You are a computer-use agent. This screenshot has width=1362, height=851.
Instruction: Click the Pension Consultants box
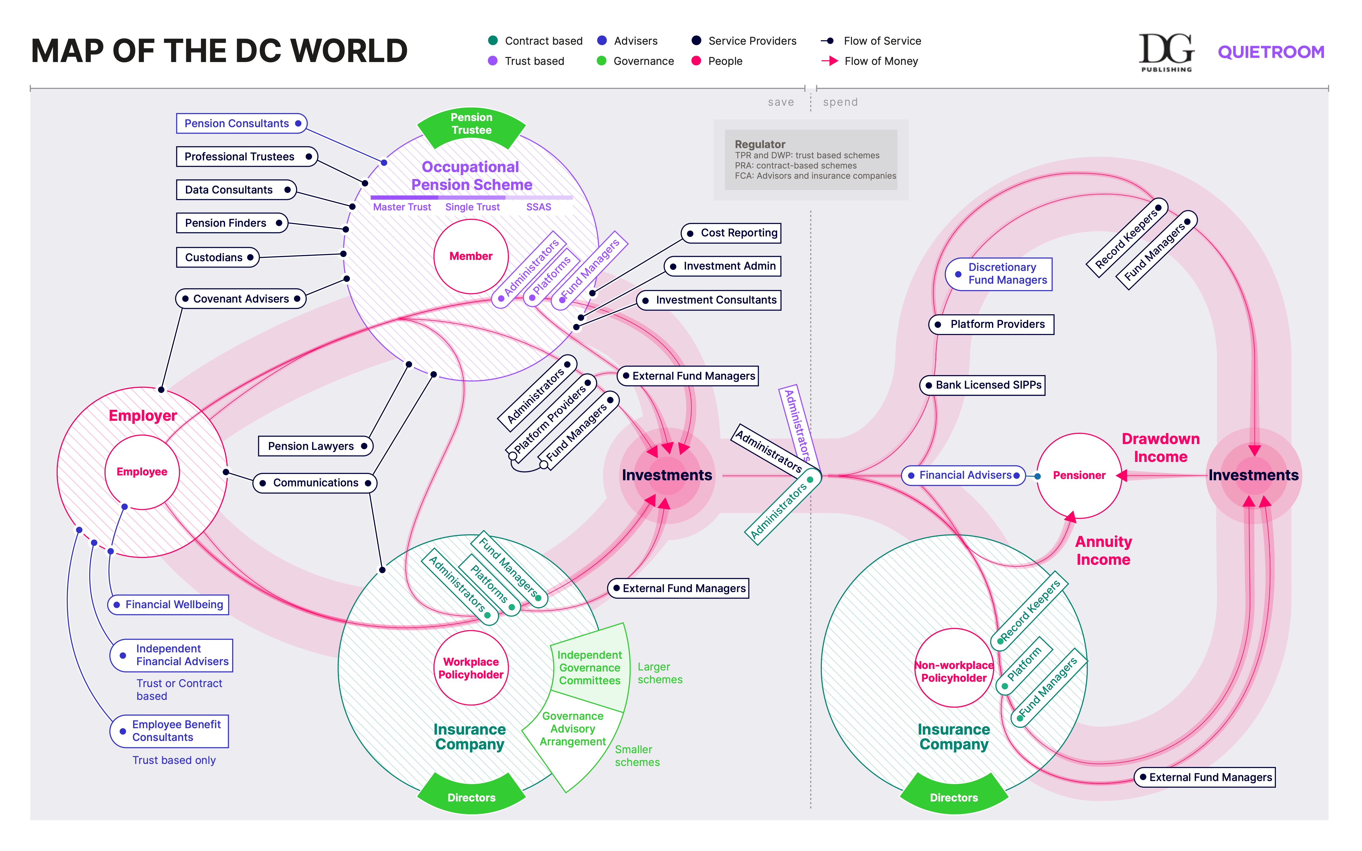tap(241, 123)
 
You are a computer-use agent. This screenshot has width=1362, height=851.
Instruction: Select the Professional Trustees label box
tap(246, 157)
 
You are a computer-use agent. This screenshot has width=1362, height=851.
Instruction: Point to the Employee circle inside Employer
tap(142, 472)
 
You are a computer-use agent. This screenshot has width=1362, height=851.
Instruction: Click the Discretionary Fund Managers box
tap(999, 274)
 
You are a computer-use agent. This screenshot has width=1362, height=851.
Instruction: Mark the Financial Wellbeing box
tap(168, 604)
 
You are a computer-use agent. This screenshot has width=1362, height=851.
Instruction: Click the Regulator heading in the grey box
tap(760, 144)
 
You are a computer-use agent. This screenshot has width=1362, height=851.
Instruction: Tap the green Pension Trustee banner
tap(471, 124)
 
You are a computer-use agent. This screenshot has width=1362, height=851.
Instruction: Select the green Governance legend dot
tap(601, 61)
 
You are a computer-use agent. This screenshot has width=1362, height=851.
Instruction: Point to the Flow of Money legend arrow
tap(830, 61)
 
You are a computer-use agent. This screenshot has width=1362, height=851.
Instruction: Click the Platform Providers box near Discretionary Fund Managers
tap(991, 324)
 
